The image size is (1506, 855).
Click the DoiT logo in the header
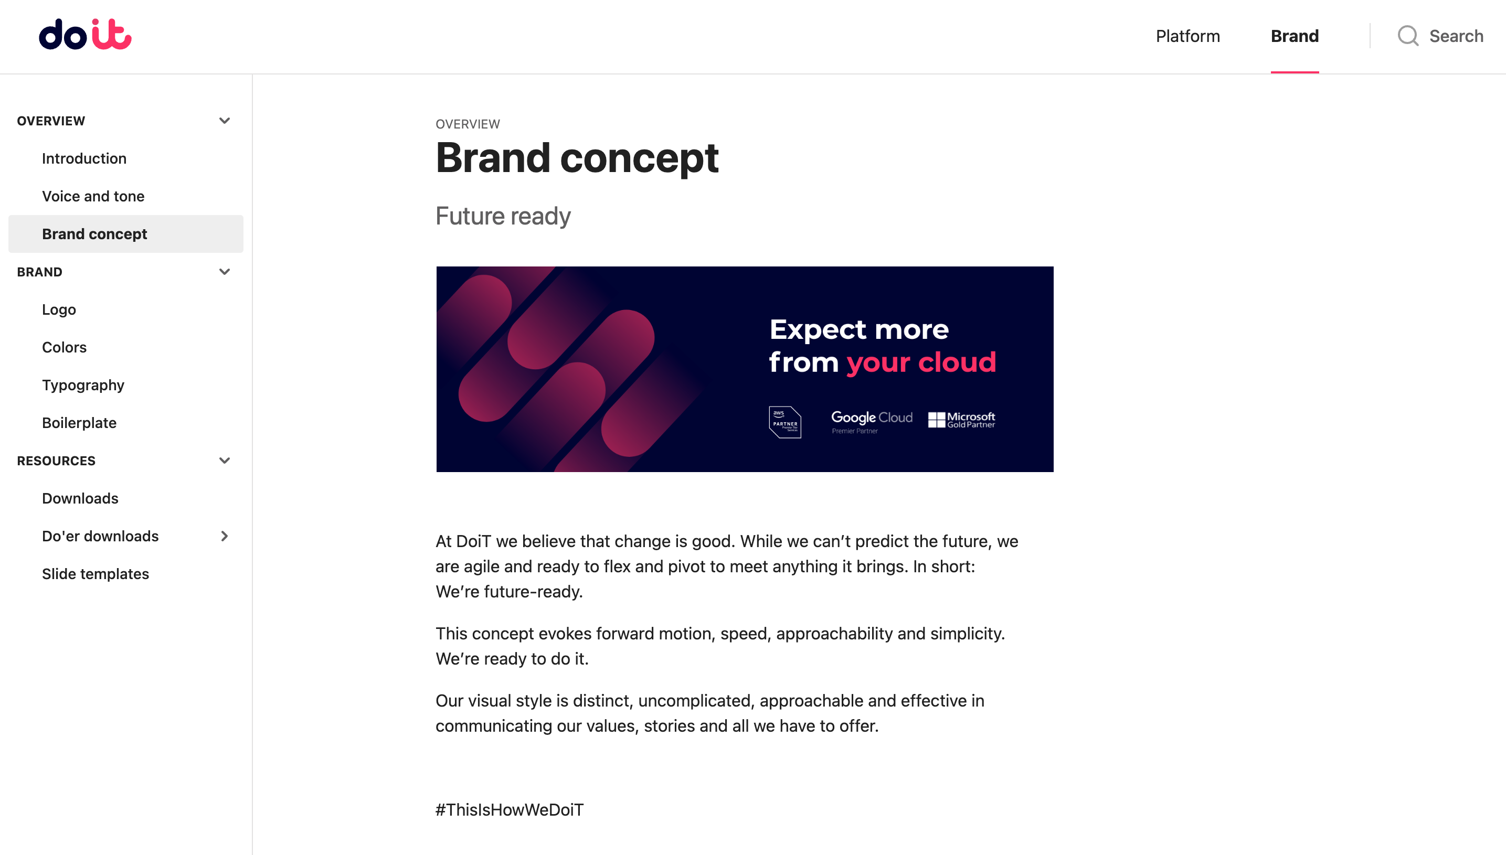[85, 35]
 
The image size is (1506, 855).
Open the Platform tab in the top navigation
[1187, 36]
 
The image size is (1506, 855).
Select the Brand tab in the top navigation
[1295, 36]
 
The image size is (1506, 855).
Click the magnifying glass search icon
[1408, 36]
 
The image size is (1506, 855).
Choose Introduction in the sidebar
[84, 158]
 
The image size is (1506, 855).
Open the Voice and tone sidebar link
[93, 196]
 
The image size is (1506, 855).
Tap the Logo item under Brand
[59, 309]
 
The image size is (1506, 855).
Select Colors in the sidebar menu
[64, 347]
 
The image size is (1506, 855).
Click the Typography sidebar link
[83, 385]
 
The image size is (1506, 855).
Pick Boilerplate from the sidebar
[79, 423]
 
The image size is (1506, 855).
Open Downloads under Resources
[80, 498]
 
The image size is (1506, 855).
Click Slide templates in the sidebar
[95, 574]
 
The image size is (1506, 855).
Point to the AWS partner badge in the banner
[784, 422]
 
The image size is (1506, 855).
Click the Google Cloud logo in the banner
[872, 422]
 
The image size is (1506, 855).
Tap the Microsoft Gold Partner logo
[961, 420]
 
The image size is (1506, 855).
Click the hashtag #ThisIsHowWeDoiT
[509, 810]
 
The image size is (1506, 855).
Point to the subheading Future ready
[503, 217]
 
